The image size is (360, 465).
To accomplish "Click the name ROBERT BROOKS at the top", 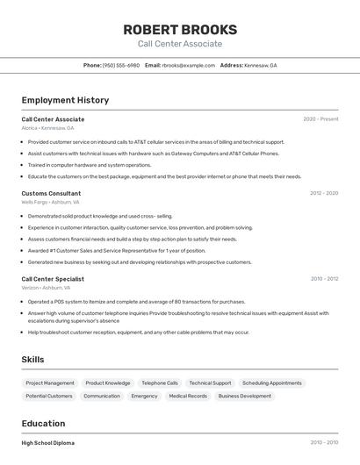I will [x=179, y=29].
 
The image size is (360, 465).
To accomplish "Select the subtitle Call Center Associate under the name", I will [x=179, y=44].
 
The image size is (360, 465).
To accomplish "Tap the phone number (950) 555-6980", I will [x=121, y=65].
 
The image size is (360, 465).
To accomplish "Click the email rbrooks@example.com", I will [x=188, y=65].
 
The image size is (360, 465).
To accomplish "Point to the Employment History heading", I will [x=65, y=100].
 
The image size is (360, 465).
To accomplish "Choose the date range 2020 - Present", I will [x=320, y=119].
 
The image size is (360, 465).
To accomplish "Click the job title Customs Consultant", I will [x=51, y=193].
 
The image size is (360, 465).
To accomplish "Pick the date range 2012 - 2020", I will [x=324, y=193].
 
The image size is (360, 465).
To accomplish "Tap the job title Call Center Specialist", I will [x=53, y=279].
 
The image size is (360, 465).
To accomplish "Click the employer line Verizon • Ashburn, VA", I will [x=46, y=288].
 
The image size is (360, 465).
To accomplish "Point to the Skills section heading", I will [x=32, y=360].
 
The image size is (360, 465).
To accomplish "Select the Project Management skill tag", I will [x=50, y=383].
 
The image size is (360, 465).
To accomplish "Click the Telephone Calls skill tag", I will [x=160, y=383].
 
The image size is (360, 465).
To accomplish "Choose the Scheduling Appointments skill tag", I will [x=271, y=383].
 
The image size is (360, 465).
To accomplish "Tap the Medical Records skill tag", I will [x=188, y=397].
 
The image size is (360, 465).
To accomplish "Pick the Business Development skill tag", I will [x=245, y=397].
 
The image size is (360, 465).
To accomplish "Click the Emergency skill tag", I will [x=144, y=397].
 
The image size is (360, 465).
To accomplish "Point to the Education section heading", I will [x=43, y=423].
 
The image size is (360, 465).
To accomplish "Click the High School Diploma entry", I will [x=48, y=443].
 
